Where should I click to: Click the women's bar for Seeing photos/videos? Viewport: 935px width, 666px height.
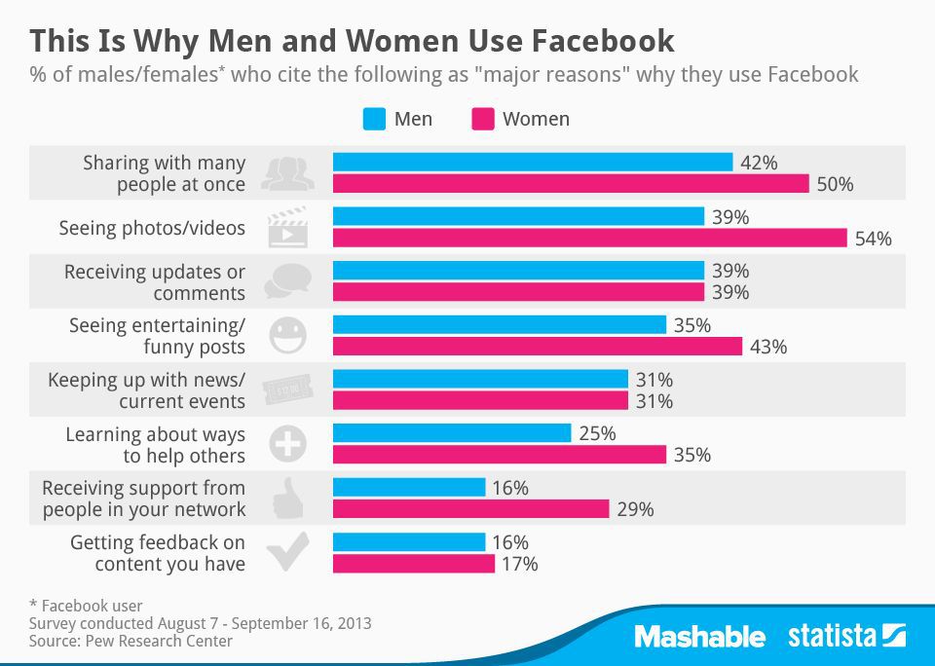coord(589,239)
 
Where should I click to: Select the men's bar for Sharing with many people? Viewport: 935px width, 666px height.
coord(532,163)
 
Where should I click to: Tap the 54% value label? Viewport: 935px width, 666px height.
coord(872,239)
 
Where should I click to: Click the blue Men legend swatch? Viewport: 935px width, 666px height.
coord(374,120)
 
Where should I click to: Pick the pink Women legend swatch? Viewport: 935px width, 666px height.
coord(482,120)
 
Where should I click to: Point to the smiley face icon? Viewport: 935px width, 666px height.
coord(287,335)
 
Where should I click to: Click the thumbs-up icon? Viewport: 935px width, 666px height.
coord(286,499)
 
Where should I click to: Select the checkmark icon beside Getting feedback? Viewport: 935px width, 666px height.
coord(286,552)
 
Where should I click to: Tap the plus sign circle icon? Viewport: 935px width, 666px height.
coord(287,444)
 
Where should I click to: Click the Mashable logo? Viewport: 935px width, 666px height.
coord(699,637)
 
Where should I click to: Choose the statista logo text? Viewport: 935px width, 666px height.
coord(833,637)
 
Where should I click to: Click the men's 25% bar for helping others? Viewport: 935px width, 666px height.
coord(451,433)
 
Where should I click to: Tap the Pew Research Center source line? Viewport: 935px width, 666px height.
coord(131,641)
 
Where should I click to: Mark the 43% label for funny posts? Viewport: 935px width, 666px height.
coord(767,347)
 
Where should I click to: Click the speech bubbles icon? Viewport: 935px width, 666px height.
coord(286,281)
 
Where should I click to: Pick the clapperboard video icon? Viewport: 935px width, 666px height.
coord(286,227)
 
